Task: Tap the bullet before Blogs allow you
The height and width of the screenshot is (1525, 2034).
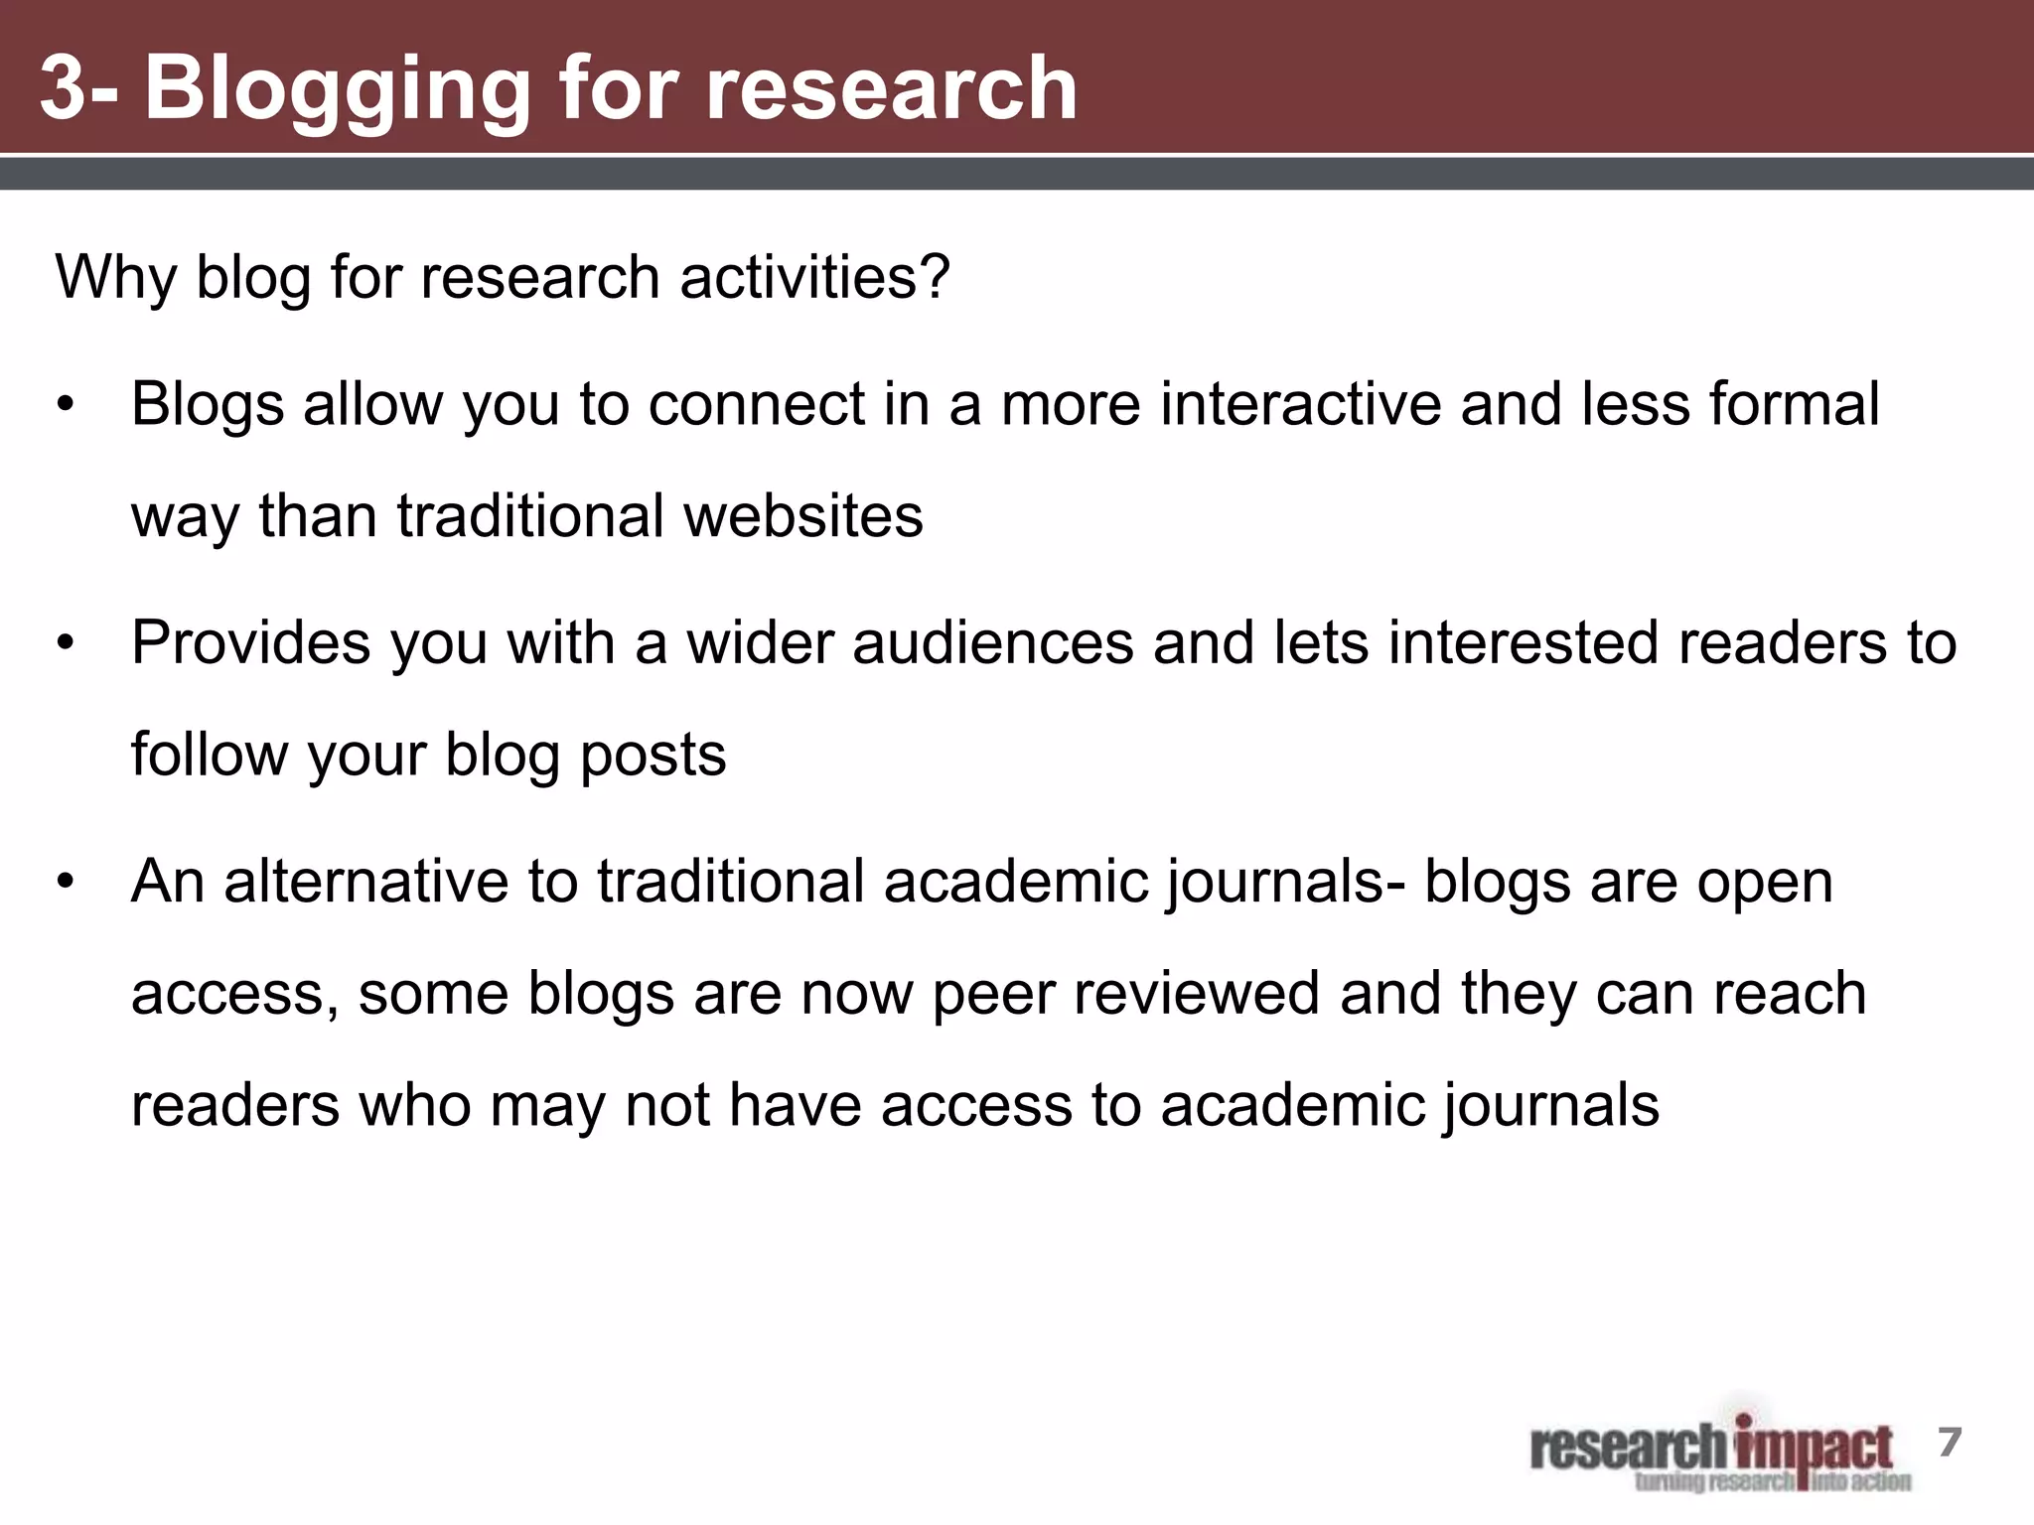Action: (66, 405)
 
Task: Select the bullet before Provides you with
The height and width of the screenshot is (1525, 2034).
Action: (66, 643)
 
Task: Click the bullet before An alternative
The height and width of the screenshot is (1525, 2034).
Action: (66, 882)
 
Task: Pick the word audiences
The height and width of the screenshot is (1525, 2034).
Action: (992, 642)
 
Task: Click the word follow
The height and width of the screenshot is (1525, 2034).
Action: (210, 755)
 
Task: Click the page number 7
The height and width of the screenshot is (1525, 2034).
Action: (1950, 1442)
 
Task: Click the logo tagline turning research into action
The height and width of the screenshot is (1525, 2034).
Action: (1773, 1482)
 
